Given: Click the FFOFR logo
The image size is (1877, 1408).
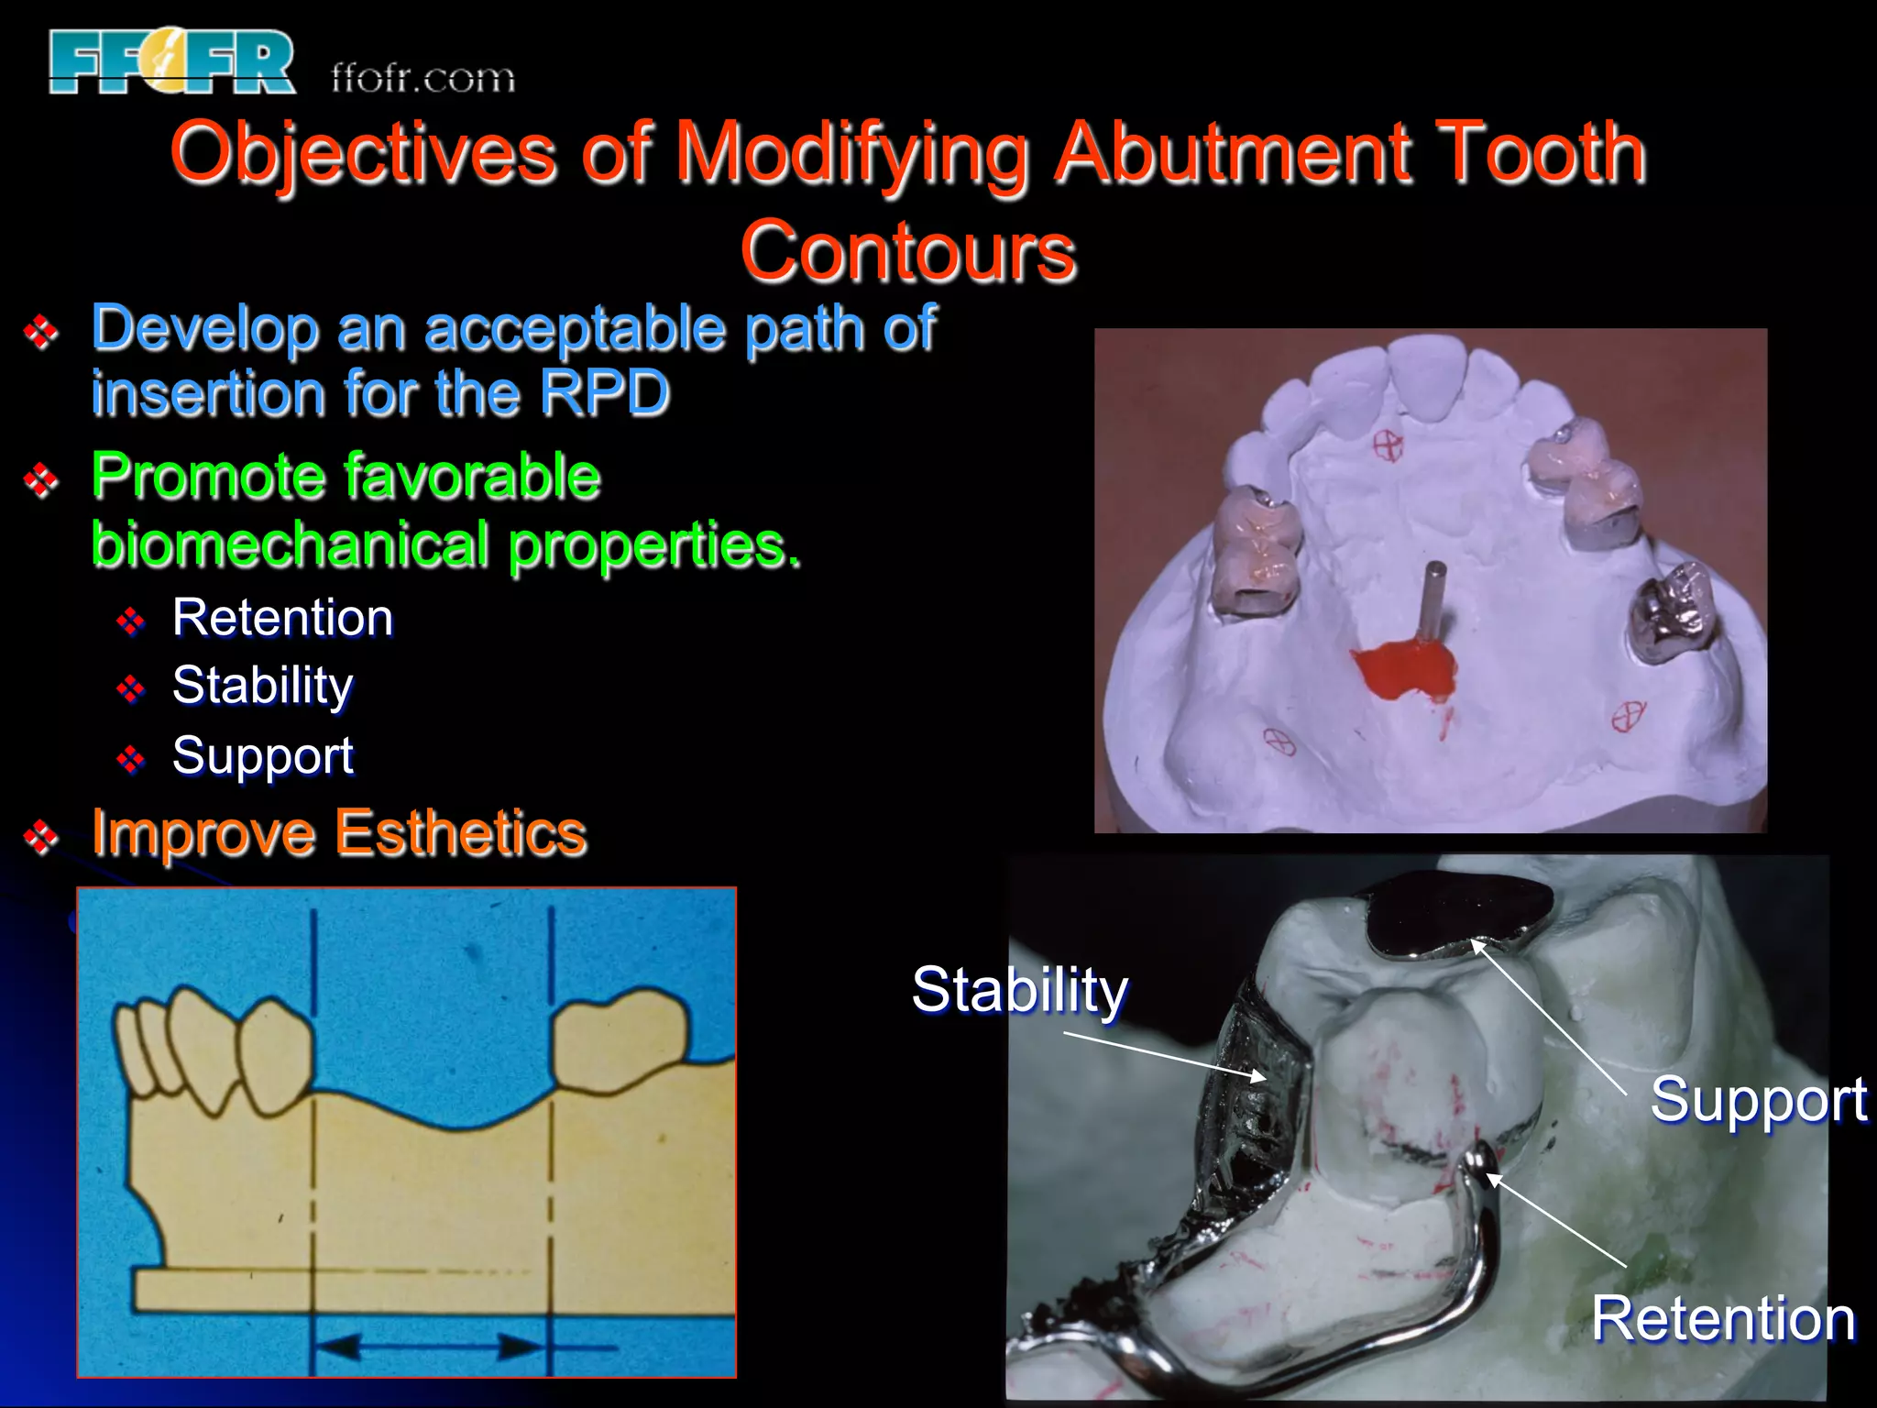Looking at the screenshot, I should (172, 62).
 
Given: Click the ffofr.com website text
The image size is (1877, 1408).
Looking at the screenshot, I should (423, 79).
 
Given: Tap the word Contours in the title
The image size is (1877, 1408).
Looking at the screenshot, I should (907, 252).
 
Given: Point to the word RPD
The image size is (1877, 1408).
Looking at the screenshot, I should (605, 394).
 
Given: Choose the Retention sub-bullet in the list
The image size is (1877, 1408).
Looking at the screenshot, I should (282, 618).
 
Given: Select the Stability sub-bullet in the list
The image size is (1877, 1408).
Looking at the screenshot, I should (263, 686).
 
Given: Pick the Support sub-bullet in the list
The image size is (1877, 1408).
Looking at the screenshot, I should (263, 756).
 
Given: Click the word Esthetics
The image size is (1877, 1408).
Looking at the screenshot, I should (460, 834).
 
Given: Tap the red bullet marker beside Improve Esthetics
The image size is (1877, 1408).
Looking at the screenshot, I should (41, 836).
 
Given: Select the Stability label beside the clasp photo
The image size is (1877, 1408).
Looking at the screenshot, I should (1019, 991).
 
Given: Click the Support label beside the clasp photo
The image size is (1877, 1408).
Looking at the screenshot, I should (1758, 1099).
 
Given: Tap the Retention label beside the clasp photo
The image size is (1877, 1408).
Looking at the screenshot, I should (1723, 1319).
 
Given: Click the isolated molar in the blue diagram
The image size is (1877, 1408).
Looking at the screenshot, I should (620, 1040).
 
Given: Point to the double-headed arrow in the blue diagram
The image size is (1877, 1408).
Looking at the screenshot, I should (432, 1347).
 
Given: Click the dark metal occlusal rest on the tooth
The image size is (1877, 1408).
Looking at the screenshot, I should (1457, 912).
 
